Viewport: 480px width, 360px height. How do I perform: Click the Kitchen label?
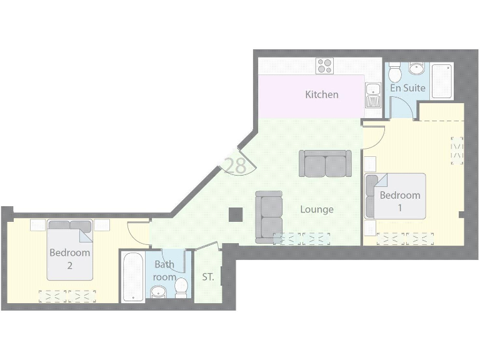pos(321,94)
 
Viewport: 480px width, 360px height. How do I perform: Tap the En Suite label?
pos(407,88)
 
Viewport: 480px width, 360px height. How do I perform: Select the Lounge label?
pos(316,209)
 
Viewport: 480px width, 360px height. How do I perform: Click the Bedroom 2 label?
pos(70,259)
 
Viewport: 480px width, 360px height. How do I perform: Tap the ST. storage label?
pos(208,277)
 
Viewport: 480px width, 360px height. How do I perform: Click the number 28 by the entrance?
pos(234,166)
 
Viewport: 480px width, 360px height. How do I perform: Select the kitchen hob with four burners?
pos(324,66)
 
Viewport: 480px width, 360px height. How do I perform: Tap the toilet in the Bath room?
pos(181,287)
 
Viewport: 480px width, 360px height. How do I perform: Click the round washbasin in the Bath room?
pos(158,291)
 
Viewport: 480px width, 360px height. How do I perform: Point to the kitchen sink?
pos(372,96)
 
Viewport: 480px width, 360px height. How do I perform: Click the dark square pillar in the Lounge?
pos(235,214)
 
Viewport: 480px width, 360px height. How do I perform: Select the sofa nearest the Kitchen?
pos(324,163)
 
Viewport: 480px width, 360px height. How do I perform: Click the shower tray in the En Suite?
pos(442,81)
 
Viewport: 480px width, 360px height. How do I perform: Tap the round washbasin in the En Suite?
pos(417,68)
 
